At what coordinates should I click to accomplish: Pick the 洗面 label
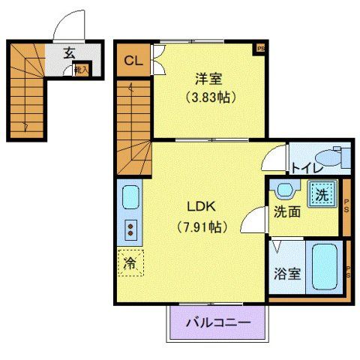point(286,212)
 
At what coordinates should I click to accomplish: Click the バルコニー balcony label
point(217,322)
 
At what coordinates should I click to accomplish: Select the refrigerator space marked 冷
point(130,263)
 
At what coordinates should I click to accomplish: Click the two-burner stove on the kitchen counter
point(130,228)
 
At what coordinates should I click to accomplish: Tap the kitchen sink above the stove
point(130,199)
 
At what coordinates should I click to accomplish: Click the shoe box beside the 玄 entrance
point(80,70)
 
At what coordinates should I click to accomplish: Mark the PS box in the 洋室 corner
point(261,48)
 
